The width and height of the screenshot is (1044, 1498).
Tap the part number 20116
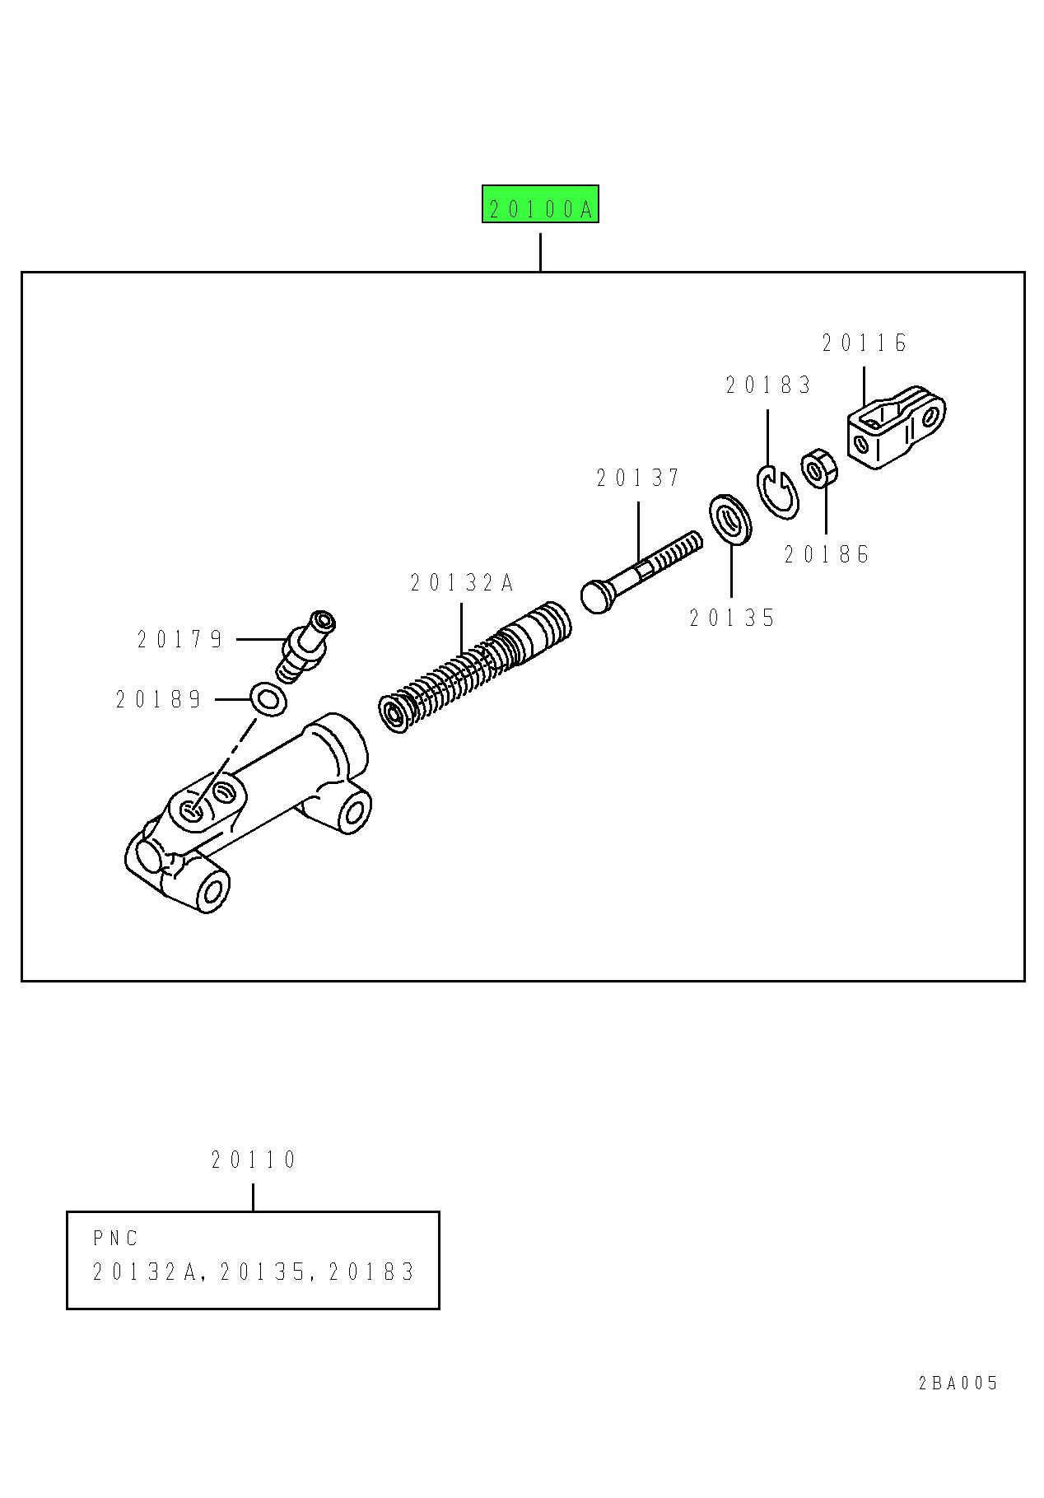coord(865,343)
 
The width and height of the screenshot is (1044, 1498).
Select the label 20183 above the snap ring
coord(768,385)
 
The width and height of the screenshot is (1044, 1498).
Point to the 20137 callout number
coord(639,478)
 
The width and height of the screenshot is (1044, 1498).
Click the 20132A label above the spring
coord(462,584)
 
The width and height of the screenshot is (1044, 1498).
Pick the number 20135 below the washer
coord(733,618)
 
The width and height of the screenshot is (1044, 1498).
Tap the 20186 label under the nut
coord(827,555)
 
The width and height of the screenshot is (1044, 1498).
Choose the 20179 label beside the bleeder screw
coord(180,640)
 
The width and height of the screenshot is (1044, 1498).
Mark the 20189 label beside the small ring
coord(159,700)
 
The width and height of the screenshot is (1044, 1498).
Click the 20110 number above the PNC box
coord(254,1160)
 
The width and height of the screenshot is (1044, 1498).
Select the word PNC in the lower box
coord(115,1239)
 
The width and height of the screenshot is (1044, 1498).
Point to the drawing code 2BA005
coord(958,1384)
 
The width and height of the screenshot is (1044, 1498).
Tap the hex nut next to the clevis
coord(819,469)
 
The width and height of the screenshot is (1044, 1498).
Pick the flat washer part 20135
coord(730,520)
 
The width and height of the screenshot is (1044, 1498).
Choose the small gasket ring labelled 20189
coord(268,699)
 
